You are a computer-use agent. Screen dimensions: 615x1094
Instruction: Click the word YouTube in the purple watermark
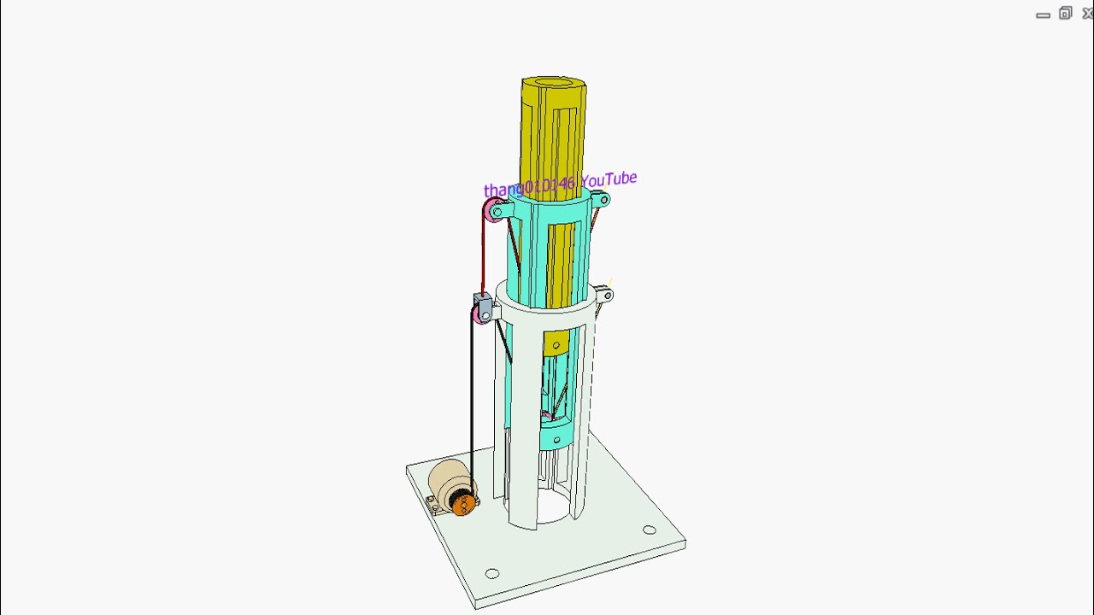pos(609,179)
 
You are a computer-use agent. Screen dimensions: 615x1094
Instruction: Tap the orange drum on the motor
pos(462,504)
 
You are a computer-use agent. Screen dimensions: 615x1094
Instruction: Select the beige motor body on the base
pos(448,479)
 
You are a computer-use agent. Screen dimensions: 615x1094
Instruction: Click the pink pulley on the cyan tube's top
pos(493,210)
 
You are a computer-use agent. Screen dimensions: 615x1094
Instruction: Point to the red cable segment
pos(483,256)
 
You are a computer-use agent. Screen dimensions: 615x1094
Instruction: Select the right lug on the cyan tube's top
pos(603,201)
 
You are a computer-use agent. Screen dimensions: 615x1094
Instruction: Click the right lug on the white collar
pos(605,296)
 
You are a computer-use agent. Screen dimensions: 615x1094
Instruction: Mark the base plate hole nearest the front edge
pos(492,574)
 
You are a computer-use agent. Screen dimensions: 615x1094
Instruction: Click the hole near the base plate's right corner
pos(650,530)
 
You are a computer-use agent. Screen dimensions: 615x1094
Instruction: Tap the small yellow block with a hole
pos(556,343)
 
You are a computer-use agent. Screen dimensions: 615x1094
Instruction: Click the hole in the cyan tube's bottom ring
pos(556,441)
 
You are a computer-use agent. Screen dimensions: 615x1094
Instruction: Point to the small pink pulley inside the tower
pos(545,416)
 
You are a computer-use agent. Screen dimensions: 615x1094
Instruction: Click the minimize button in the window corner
pos(1043,15)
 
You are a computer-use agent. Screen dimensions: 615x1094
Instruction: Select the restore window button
pos(1065,14)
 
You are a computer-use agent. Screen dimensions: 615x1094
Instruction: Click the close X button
pos(1087,14)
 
